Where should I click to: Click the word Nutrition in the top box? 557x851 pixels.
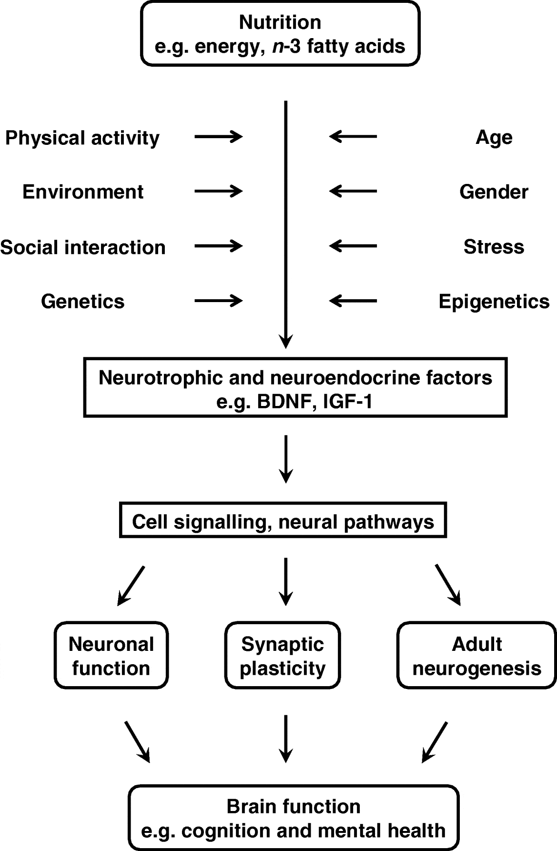click(x=280, y=22)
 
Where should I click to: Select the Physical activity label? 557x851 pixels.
click(x=82, y=138)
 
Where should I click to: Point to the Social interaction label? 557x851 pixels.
click(x=82, y=247)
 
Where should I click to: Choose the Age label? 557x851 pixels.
click(x=494, y=138)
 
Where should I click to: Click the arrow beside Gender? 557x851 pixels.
click(x=353, y=192)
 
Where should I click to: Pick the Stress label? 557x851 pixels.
click(x=494, y=247)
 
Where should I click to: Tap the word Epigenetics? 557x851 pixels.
click(x=494, y=301)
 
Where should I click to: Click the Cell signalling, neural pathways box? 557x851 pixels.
click(x=283, y=522)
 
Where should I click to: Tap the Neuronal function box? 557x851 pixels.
click(x=111, y=656)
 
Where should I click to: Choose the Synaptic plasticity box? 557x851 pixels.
click(x=283, y=656)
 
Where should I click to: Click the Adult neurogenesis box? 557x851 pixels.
click(x=476, y=656)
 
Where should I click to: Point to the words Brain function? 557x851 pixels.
click(x=294, y=806)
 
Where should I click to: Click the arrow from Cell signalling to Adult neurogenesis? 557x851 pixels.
click(x=448, y=585)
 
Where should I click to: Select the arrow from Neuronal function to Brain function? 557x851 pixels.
click(x=137, y=741)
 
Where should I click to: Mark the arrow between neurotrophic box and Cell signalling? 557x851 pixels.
click(x=285, y=458)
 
